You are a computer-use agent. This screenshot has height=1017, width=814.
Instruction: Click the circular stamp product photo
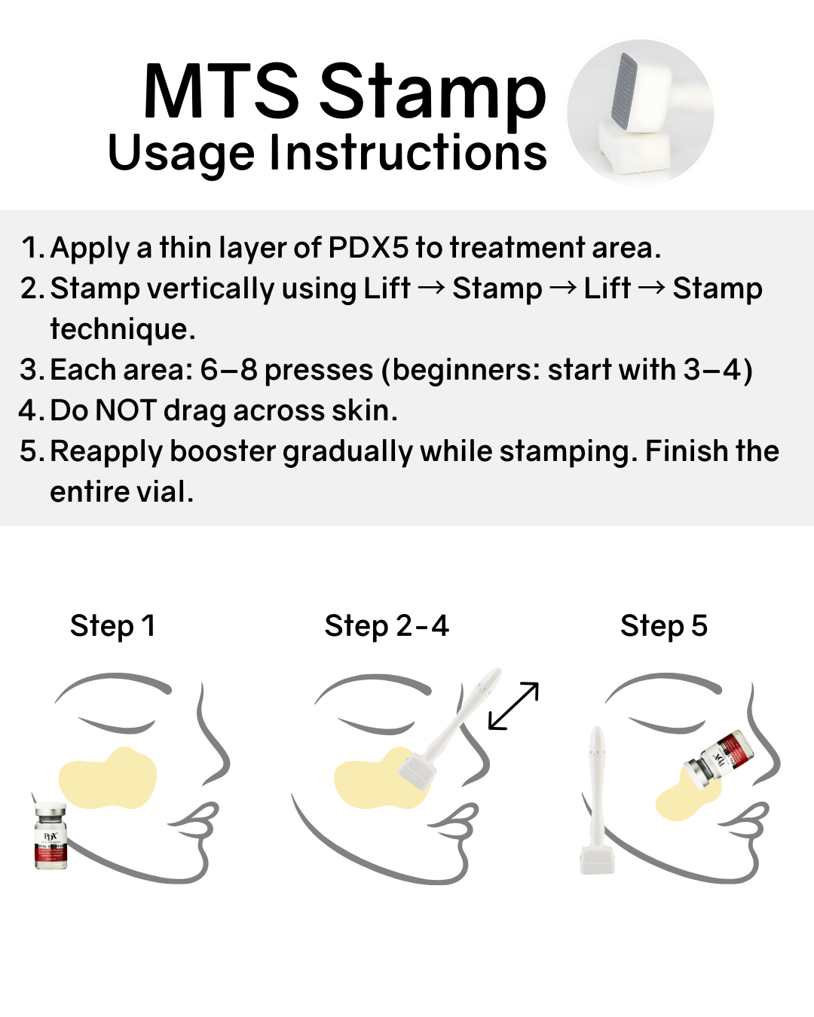pos(640,113)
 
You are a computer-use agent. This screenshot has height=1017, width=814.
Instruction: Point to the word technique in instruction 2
pos(122,329)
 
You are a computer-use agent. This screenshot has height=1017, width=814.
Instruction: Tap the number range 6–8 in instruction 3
pos(228,370)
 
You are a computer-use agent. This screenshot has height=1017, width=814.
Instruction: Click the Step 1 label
pos(112,626)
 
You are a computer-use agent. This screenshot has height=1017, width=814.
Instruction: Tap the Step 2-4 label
pos(387,626)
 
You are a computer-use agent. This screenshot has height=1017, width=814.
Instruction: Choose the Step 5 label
pos(664,626)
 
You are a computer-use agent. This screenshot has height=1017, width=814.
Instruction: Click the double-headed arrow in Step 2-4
pos(513,706)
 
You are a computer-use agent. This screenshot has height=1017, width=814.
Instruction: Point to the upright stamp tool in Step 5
pos(597,799)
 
